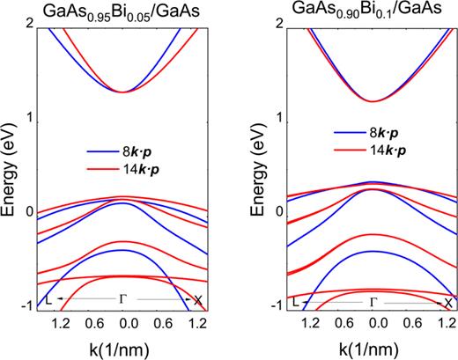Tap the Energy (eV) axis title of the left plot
tap(11, 167)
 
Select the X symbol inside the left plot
tap(199, 301)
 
